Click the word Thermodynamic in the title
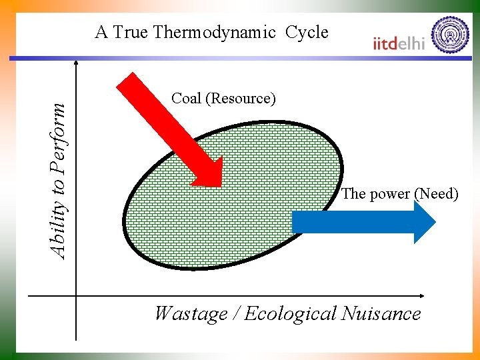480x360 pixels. [215, 33]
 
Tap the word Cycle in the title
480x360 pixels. [307, 33]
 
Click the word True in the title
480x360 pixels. [131, 32]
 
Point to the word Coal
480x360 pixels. [186, 99]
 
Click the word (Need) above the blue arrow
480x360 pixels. [436, 194]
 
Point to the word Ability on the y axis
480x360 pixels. [59, 231]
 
